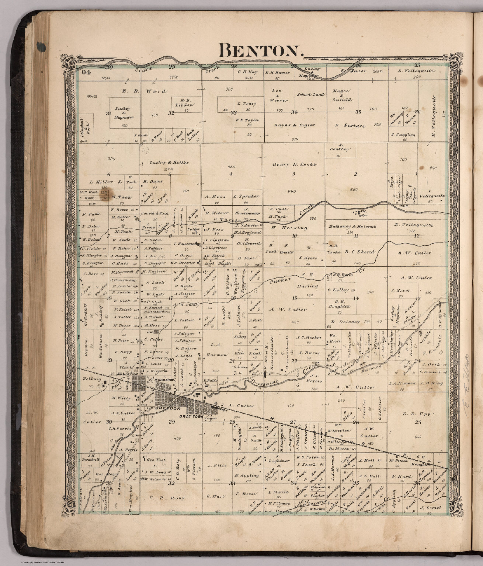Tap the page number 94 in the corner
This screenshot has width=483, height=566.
coord(86,72)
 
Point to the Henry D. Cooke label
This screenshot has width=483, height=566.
coord(294,165)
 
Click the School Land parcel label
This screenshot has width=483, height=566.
coord(311,95)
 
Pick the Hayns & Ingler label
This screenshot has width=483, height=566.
coord(294,125)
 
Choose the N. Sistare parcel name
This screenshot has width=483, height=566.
coord(350,126)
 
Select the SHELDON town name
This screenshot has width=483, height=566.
coord(167,409)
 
